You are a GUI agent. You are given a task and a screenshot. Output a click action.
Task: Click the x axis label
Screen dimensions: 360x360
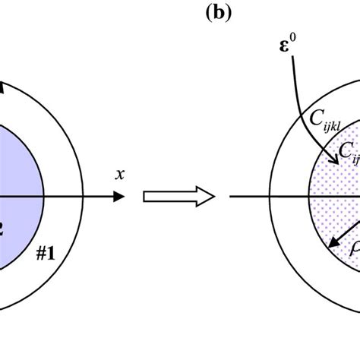(120, 175)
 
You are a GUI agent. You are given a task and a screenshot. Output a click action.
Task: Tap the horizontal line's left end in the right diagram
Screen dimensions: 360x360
(229, 196)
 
